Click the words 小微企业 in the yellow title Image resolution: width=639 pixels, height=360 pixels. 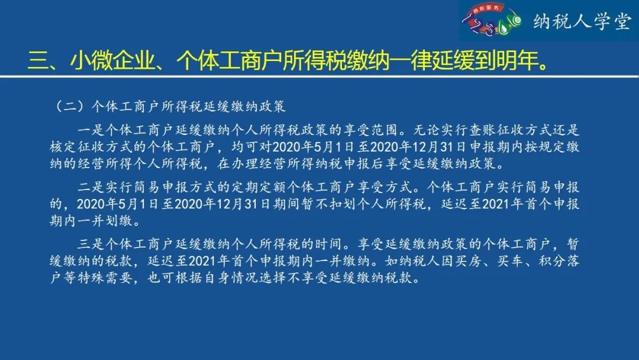tap(112, 61)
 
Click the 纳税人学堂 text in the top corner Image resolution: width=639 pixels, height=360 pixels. tap(582, 21)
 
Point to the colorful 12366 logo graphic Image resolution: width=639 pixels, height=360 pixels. tap(492, 20)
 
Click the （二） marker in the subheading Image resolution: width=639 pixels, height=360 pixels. tap(70, 107)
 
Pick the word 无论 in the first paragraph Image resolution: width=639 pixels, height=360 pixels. tap(427, 130)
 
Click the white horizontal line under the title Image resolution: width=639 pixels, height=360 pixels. tap(319, 76)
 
